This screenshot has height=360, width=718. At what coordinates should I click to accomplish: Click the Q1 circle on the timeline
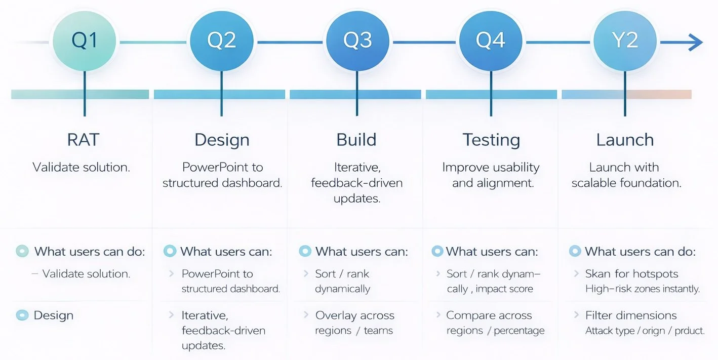(85, 41)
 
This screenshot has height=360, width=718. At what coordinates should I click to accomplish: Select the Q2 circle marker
(221, 41)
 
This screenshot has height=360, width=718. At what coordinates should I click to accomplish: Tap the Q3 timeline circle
(357, 41)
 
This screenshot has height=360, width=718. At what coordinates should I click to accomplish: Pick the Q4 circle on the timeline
(490, 41)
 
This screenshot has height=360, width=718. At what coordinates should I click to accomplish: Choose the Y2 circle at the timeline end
(625, 41)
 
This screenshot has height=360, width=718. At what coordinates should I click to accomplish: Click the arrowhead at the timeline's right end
(696, 43)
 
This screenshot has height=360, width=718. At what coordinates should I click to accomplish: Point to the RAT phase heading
(83, 140)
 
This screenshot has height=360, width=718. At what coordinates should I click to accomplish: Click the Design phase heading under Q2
(222, 140)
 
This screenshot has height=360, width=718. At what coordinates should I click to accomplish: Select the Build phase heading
(356, 140)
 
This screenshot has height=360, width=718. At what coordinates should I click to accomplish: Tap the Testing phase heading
(491, 140)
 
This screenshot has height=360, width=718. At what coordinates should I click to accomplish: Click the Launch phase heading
(625, 140)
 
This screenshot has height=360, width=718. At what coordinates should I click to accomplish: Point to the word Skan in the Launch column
(598, 274)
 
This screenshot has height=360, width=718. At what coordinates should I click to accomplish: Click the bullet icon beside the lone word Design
(22, 315)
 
